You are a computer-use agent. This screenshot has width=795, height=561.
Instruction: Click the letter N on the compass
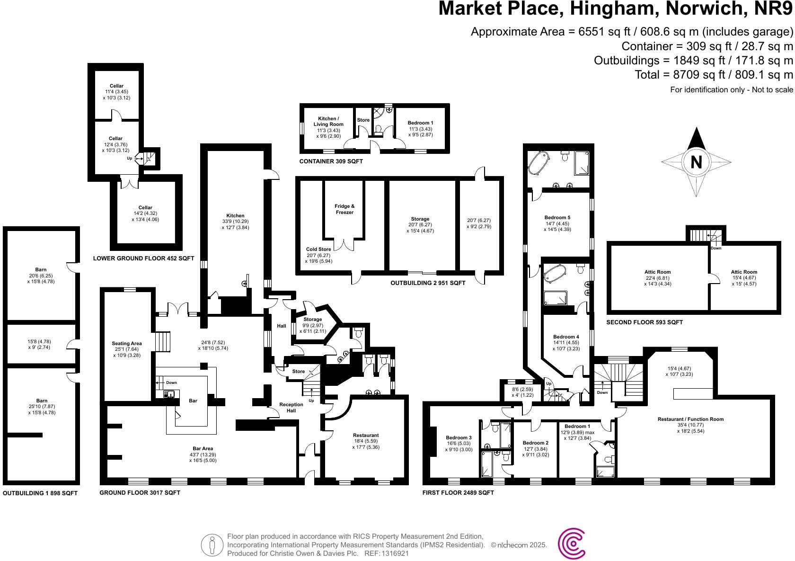[696, 162]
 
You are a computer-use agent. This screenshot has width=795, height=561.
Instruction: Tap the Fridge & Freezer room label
[344, 209]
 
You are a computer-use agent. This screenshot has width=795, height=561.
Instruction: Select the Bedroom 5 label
[557, 218]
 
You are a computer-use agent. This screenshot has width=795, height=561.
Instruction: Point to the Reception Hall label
[291, 408]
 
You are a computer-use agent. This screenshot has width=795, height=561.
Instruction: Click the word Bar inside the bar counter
[193, 401]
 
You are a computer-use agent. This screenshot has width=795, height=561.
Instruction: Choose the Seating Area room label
[127, 344]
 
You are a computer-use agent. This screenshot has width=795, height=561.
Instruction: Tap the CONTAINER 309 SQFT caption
[331, 161]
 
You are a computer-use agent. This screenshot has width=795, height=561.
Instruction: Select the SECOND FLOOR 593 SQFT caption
[645, 322]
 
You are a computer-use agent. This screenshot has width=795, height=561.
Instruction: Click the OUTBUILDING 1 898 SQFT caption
[40, 493]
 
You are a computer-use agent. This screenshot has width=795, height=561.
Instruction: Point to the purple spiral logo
[572, 545]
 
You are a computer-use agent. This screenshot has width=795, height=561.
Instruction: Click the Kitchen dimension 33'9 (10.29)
[235, 222]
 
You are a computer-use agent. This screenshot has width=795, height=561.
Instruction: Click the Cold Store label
[318, 249]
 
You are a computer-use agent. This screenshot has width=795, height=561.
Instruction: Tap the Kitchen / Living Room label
[327, 122]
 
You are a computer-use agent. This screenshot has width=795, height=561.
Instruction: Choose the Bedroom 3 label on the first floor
[459, 438]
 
